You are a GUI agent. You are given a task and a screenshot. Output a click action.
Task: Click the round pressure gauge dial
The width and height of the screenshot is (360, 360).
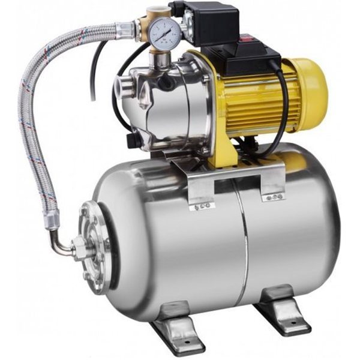163,34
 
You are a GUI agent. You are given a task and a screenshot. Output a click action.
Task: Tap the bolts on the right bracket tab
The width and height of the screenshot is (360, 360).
275,196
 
